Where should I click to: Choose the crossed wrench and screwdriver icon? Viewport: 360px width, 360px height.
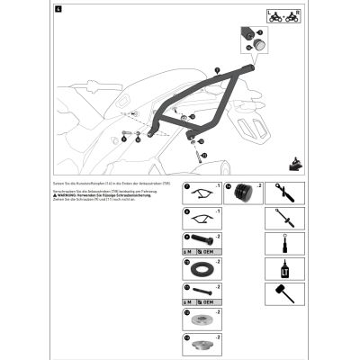click(280, 191)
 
